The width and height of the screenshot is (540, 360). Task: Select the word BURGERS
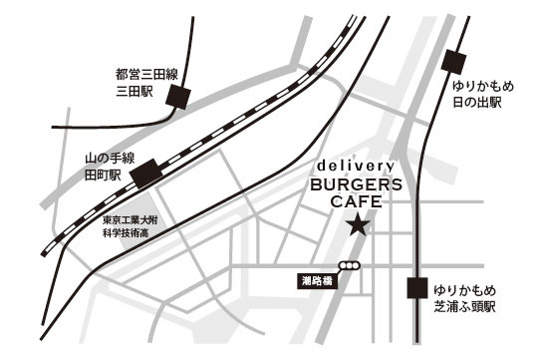coord(357,184)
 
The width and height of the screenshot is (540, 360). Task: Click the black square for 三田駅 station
coord(179,96)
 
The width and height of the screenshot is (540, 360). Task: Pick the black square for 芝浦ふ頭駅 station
coord(417,289)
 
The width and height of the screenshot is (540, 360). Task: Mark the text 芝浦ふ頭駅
coord(468,306)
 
